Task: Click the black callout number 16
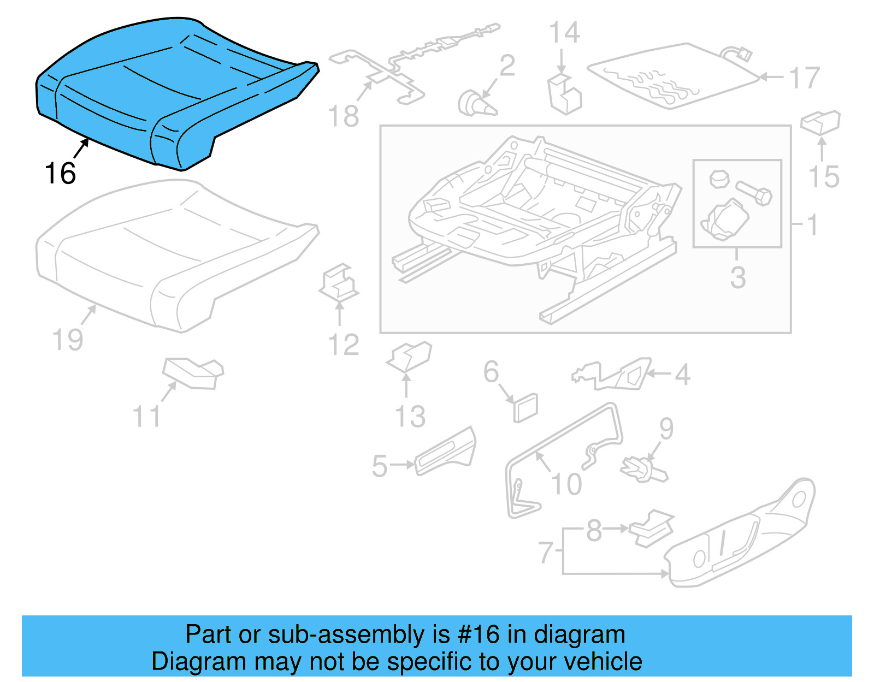[60, 174]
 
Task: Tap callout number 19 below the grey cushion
[67, 340]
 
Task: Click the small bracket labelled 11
[194, 373]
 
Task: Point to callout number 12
[343, 345]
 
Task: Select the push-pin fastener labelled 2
[475, 104]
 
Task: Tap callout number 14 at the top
[564, 33]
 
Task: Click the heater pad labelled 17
[672, 76]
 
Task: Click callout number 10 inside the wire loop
[566, 484]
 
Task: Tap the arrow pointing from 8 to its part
[617, 529]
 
